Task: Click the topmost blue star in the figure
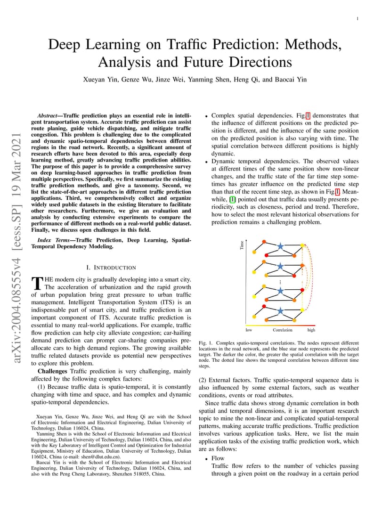click(281, 246)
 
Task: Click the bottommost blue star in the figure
click(281, 310)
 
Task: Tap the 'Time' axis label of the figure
click(242, 245)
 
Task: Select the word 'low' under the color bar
click(249, 330)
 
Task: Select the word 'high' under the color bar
click(311, 330)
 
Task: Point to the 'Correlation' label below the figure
click(282, 330)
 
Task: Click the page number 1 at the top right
click(358, 19)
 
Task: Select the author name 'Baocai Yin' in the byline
click(291, 79)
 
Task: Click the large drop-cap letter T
click(37, 284)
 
